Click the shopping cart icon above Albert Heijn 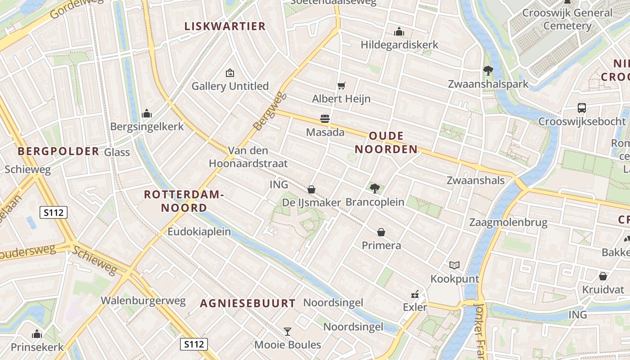(x=342, y=85)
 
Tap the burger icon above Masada (x=325, y=119)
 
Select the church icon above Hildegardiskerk (x=399, y=32)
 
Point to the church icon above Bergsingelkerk (x=147, y=113)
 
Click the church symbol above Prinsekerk (x=37, y=334)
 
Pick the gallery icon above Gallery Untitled (x=230, y=72)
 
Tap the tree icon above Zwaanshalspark (x=488, y=71)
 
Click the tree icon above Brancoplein (x=374, y=189)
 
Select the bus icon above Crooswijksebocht (x=582, y=108)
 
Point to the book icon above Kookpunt (x=454, y=265)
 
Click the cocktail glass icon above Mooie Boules (x=288, y=332)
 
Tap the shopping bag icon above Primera (x=381, y=232)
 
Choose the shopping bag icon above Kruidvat (x=603, y=276)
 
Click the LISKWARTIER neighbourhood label (x=225, y=26)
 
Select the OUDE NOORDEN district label (x=386, y=143)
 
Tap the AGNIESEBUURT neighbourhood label (x=247, y=303)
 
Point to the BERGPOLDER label (x=58, y=151)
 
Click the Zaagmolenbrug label (x=508, y=222)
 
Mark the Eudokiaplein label (x=199, y=232)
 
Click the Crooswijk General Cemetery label (x=567, y=19)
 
